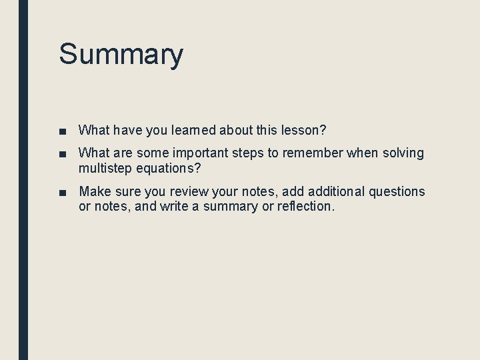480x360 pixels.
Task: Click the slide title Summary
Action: click(121, 54)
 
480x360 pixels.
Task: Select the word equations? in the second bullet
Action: click(168, 168)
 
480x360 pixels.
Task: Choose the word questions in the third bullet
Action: click(396, 192)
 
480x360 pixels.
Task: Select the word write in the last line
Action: click(175, 207)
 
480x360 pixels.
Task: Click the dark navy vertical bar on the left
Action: click(23, 180)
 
